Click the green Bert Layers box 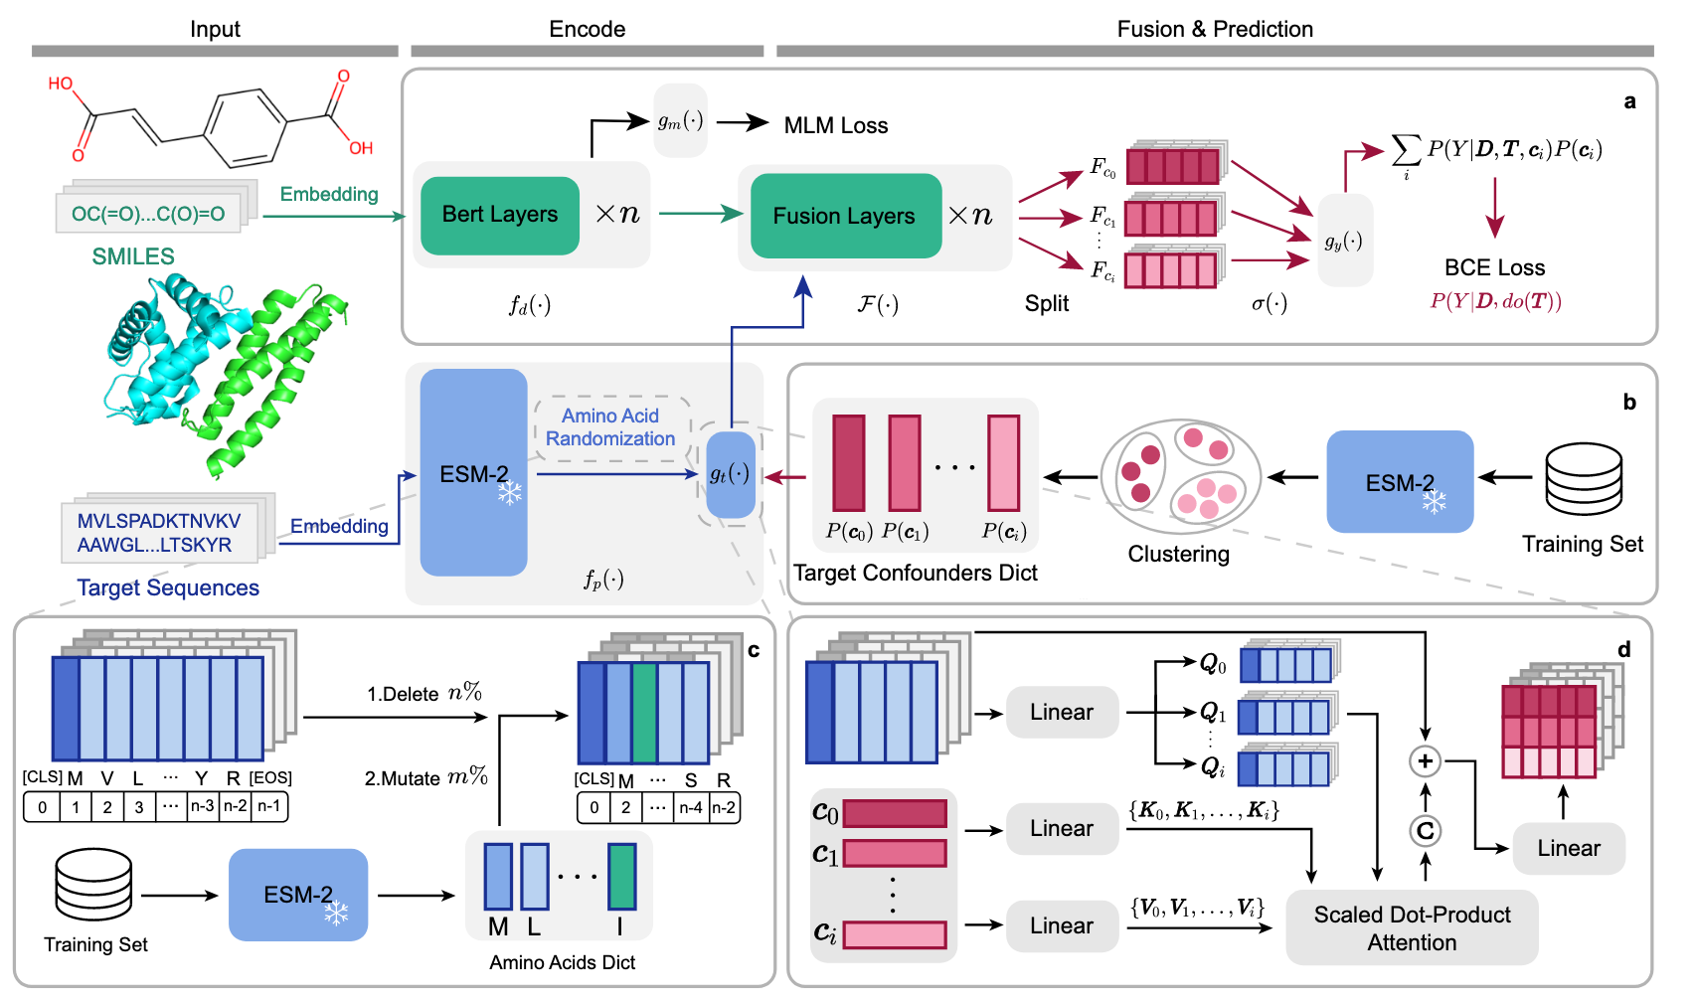[x=500, y=215]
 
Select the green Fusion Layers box [x=845, y=216]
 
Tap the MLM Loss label [x=836, y=125]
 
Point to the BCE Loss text [x=1494, y=267]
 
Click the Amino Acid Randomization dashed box [x=610, y=427]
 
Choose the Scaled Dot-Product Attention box [x=1412, y=927]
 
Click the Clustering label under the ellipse [x=1178, y=554]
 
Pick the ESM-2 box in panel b [x=1400, y=482]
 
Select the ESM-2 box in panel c [x=298, y=895]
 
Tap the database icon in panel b [x=1584, y=479]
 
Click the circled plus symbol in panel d [x=1426, y=761]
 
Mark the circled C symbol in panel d [x=1426, y=831]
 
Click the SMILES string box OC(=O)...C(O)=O [x=148, y=214]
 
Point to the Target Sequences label [x=168, y=587]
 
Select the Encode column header [x=587, y=29]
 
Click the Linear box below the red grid [x=1569, y=848]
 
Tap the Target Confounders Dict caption [x=915, y=573]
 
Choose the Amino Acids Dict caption [x=562, y=962]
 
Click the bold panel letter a [x=1629, y=101]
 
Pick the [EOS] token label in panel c [x=270, y=777]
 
